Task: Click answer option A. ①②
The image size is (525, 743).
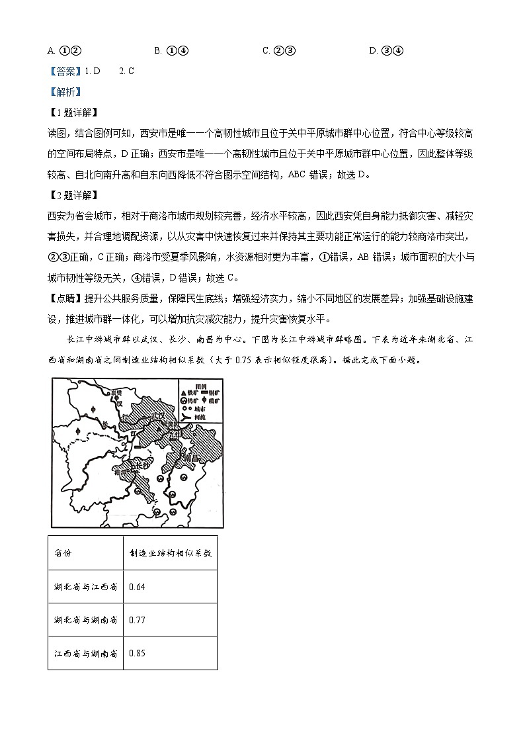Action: pyautogui.click(x=64, y=50)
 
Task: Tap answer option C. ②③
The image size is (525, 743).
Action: pyautogui.click(x=278, y=50)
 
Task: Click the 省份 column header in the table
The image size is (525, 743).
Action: pyautogui.click(x=62, y=553)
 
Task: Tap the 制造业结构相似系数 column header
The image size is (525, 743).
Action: pyautogui.click(x=170, y=553)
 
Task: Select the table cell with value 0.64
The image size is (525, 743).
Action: pyautogui.click(x=138, y=587)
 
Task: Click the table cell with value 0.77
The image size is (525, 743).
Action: pyautogui.click(x=138, y=620)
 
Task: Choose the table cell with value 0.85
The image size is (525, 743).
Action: pyautogui.click(x=138, y=653)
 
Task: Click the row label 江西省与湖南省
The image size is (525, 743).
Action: pyautogui.click(x=85, y=653)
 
